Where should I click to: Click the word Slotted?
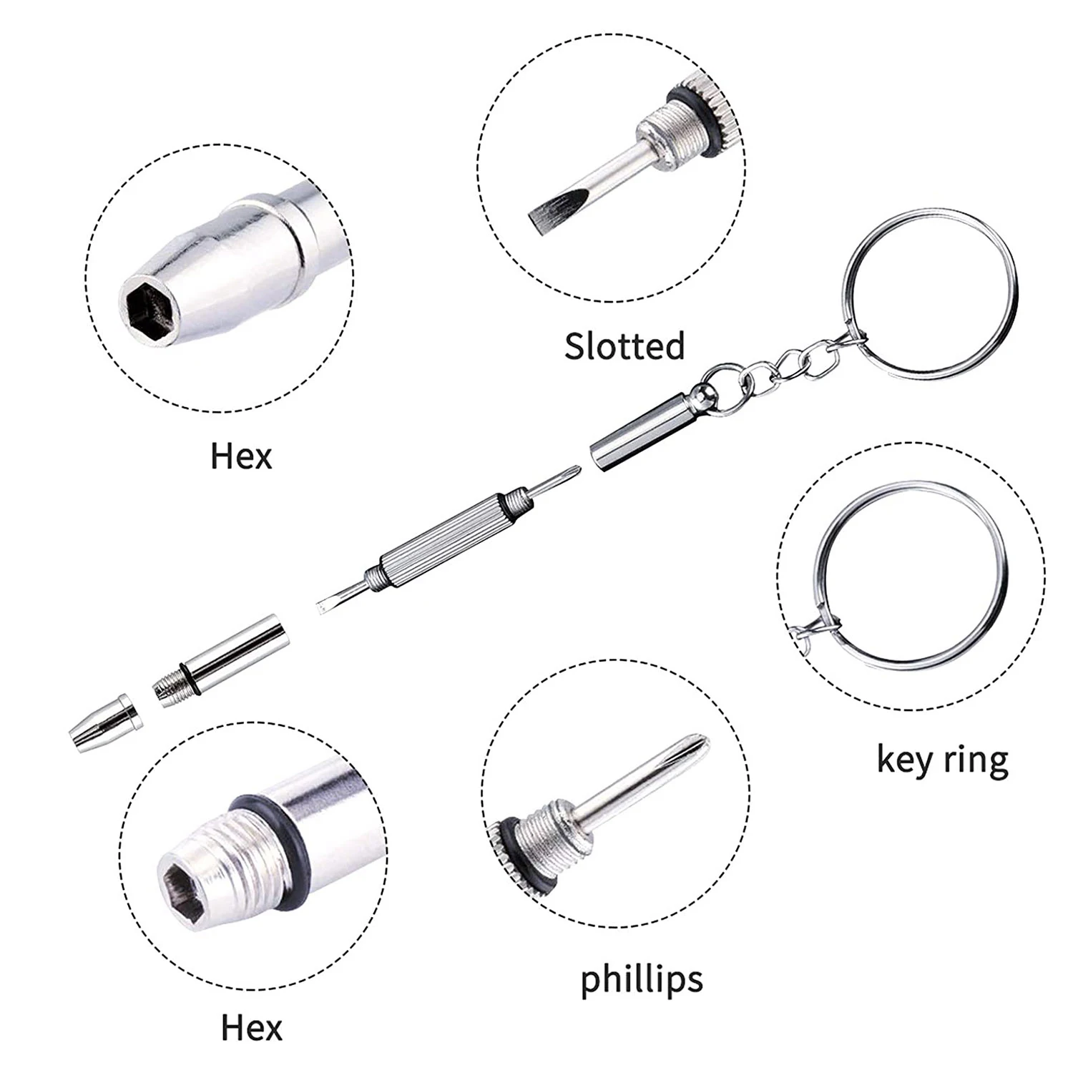coord(624,346)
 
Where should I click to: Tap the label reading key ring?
coord(942,760)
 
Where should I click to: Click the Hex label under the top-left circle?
coord(241,456)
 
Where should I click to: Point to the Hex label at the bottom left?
coord(252,1028)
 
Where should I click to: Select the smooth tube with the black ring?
coord(236,655)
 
